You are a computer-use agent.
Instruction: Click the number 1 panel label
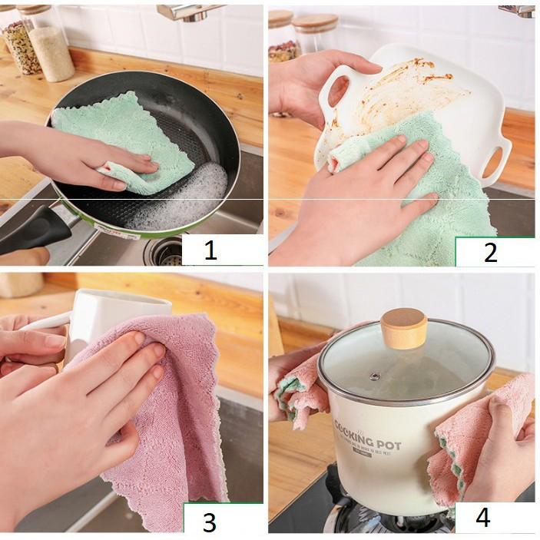coord(210,250)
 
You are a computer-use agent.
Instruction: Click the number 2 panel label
coord(490,251)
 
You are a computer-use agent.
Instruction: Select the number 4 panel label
coord(482,517)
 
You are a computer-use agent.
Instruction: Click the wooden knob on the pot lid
coord(404,328)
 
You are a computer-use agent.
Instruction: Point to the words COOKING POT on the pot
coord(367,438)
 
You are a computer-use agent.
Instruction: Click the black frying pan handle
coord(35,230)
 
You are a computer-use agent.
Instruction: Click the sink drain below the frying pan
coord(164,250)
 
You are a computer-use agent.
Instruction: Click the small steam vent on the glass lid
coord(375,376)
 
